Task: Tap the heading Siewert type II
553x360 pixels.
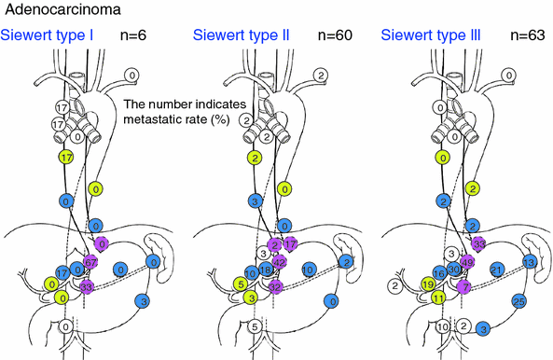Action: click(x=240, y=37)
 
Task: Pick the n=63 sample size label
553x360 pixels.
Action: click(x=527, y=37)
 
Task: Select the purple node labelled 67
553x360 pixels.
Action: click(x=90, y=262)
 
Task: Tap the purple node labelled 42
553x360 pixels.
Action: click(x=279, y=262)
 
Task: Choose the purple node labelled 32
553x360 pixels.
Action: click(x=277, y=287)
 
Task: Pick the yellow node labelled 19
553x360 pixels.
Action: click(x=427, y=284)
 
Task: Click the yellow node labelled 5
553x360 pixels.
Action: click(x=241, y=284)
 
